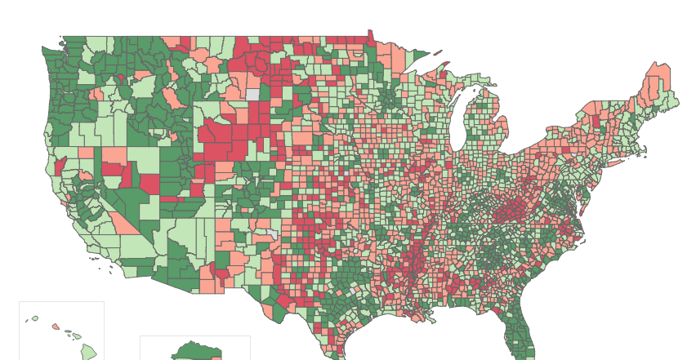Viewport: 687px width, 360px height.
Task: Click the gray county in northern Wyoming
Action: point(252,94)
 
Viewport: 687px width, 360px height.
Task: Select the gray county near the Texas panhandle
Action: point(271,234)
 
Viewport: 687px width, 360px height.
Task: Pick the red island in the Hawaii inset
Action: point(56,327)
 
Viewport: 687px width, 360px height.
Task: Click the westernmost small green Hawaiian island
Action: point(34,318)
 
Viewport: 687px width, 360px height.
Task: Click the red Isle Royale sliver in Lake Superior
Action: point(438,53)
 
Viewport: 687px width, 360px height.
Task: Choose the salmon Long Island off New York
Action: point(614,162)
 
